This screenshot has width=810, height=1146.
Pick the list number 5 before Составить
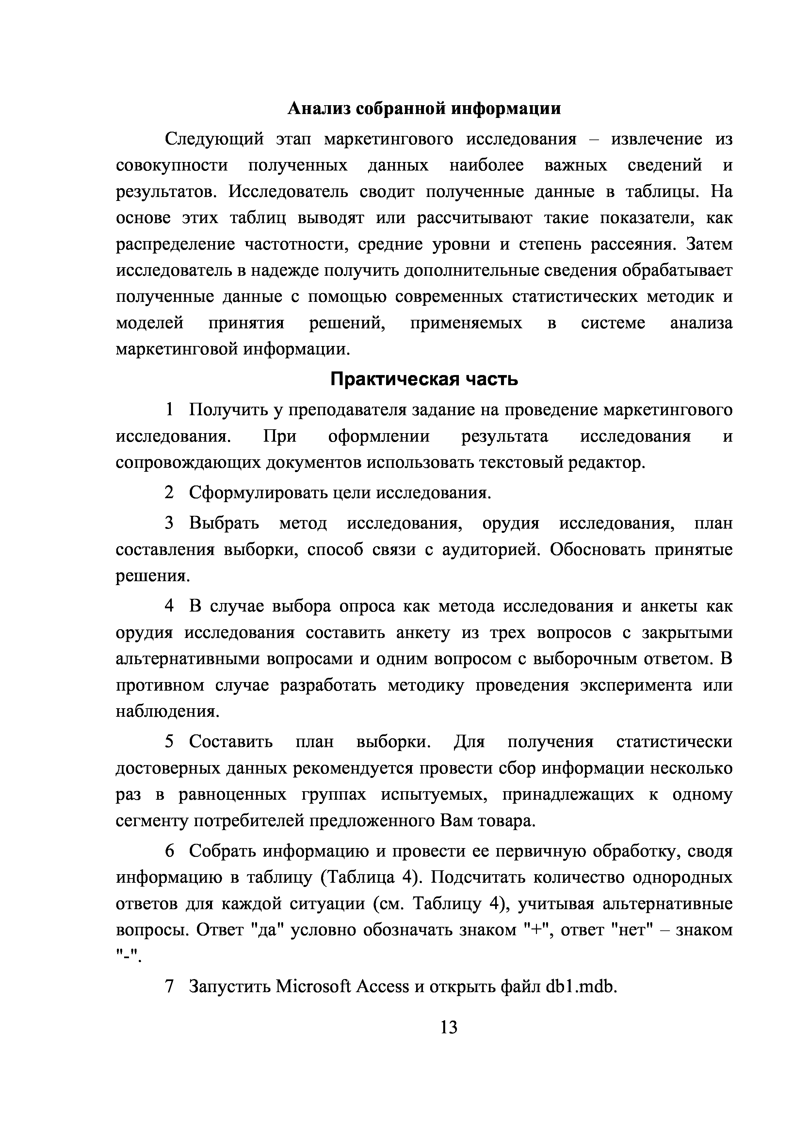point(170,742)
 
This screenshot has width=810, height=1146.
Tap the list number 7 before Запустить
point(170,986)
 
